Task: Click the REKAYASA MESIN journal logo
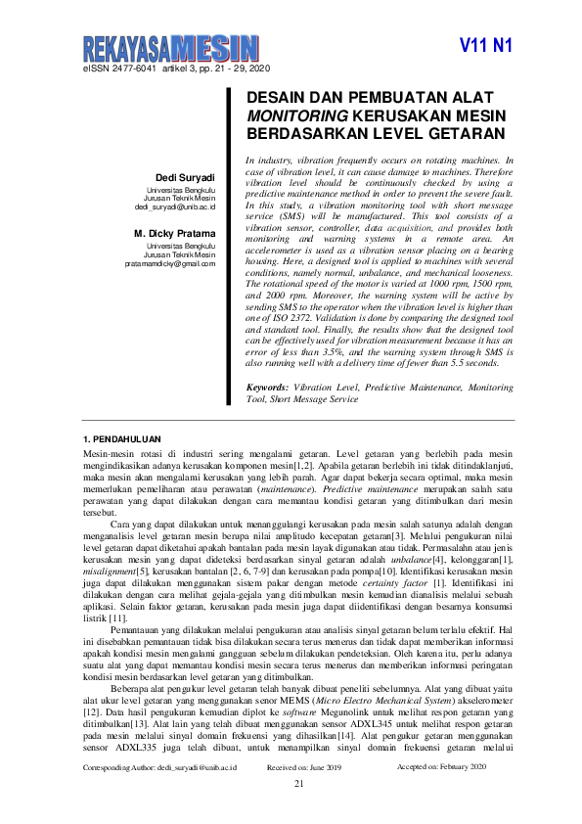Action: [168, 47]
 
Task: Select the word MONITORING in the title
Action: [293, 115]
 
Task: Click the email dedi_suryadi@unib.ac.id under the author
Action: [175, 207]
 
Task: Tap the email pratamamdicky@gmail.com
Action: [170, 264]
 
